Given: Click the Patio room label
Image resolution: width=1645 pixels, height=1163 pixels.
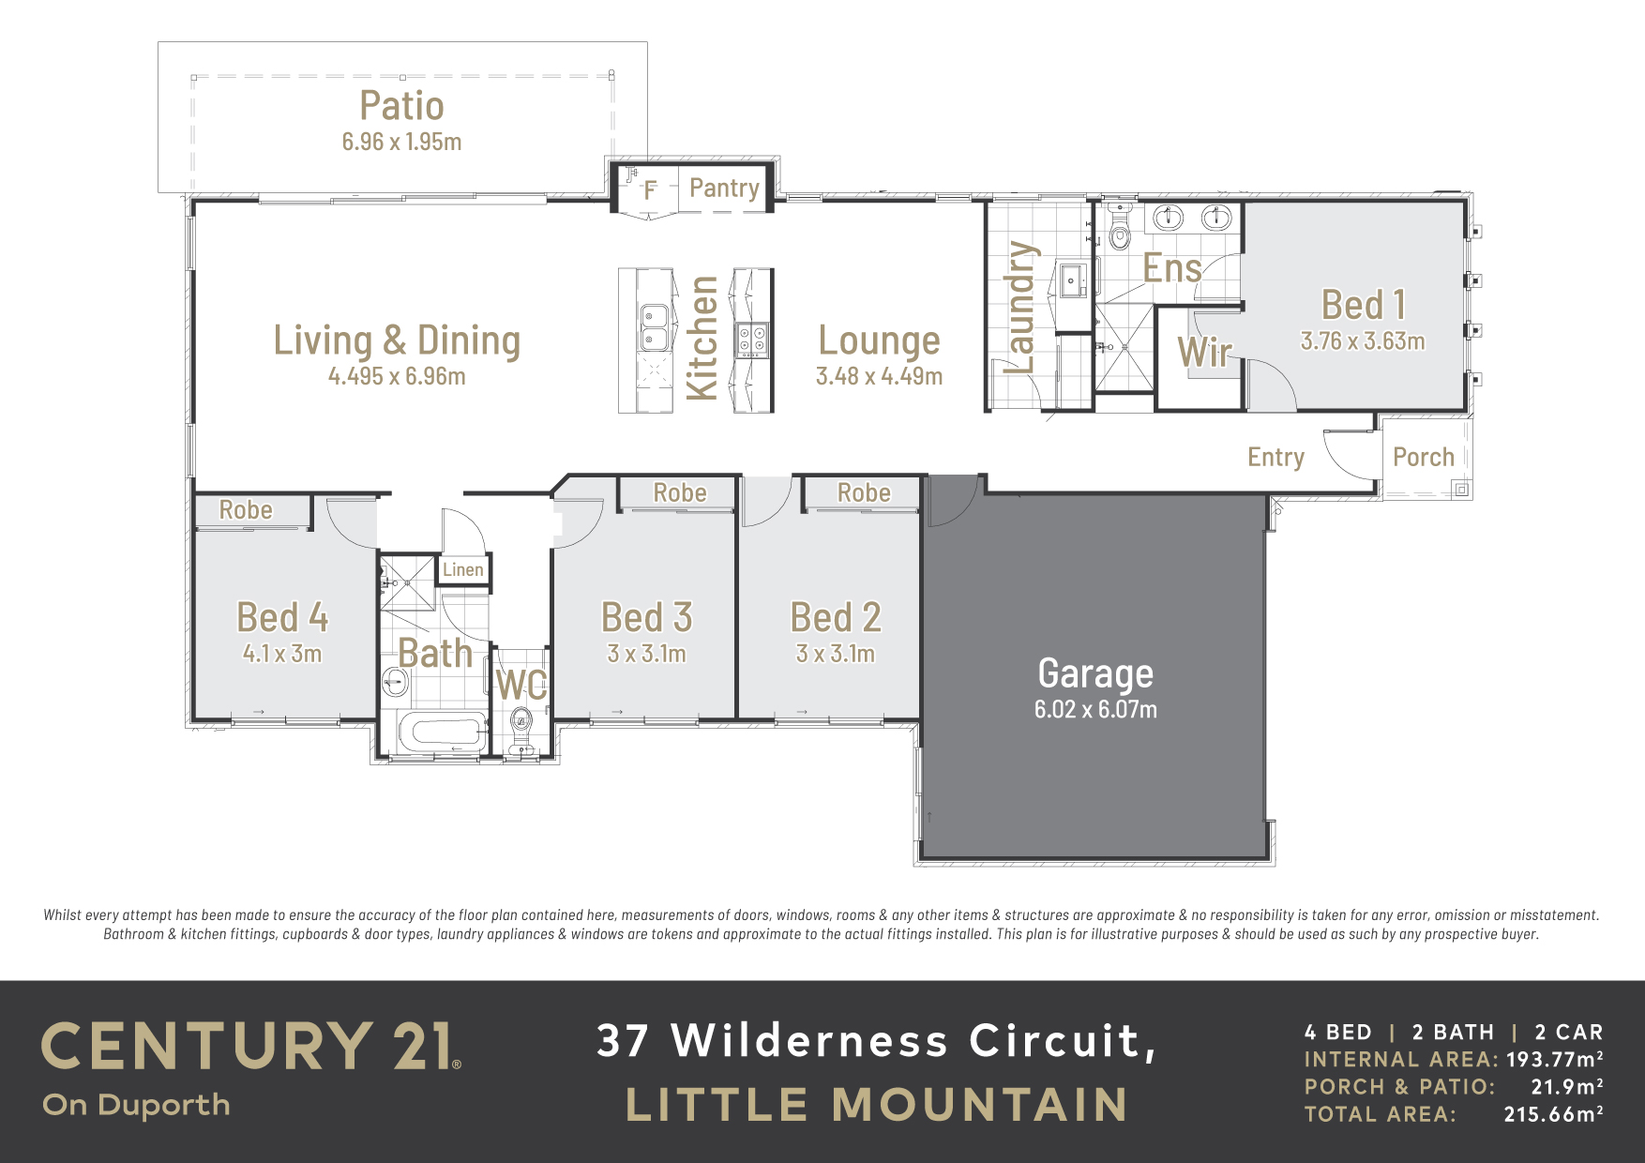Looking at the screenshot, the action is click(401, 105).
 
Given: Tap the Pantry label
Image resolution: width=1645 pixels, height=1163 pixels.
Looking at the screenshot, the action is click(724, 189).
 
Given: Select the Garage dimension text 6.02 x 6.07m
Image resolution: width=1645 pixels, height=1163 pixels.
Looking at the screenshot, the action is click(1095, 709).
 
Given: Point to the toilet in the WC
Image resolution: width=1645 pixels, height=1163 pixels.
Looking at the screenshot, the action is click(521, 721).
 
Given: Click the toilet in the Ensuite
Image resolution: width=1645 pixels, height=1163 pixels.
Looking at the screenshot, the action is click(1119, 228).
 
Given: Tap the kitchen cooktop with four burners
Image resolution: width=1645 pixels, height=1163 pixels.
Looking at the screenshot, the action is click(752, 339).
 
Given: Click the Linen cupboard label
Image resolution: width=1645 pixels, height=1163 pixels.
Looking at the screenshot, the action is click(463, 569).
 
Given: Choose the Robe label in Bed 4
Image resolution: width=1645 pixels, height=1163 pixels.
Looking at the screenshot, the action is click(246, 510).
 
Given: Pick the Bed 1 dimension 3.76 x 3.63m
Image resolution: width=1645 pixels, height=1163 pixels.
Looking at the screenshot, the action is click(1363, 340).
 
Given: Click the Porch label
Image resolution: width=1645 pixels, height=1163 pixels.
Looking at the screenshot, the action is click(1424, 457).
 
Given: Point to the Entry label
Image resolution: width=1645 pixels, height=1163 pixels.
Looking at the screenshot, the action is click(1275, 457).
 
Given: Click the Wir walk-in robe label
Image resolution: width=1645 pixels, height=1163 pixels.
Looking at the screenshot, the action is click(1205, 352).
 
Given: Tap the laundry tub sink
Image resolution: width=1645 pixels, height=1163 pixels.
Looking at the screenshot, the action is click(1073, 279).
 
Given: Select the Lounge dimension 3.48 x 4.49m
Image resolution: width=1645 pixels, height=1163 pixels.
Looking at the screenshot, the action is click(879, 376).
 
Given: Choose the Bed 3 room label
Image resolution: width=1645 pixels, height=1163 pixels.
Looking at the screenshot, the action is click(647, 617).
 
